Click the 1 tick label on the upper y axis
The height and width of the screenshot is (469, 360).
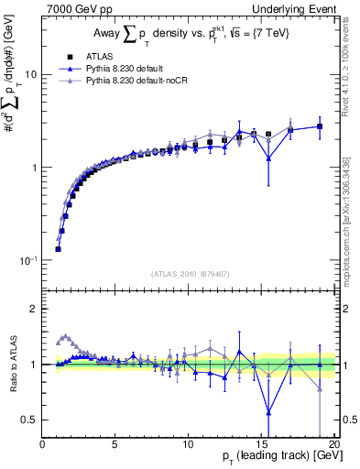pos(34,168)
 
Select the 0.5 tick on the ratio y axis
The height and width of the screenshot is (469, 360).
pos(30,420)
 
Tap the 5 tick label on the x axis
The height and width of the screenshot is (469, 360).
pos(115,445)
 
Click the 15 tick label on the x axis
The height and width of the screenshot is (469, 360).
pos(260,445)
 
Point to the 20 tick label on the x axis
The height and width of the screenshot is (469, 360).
pos(333,445)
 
